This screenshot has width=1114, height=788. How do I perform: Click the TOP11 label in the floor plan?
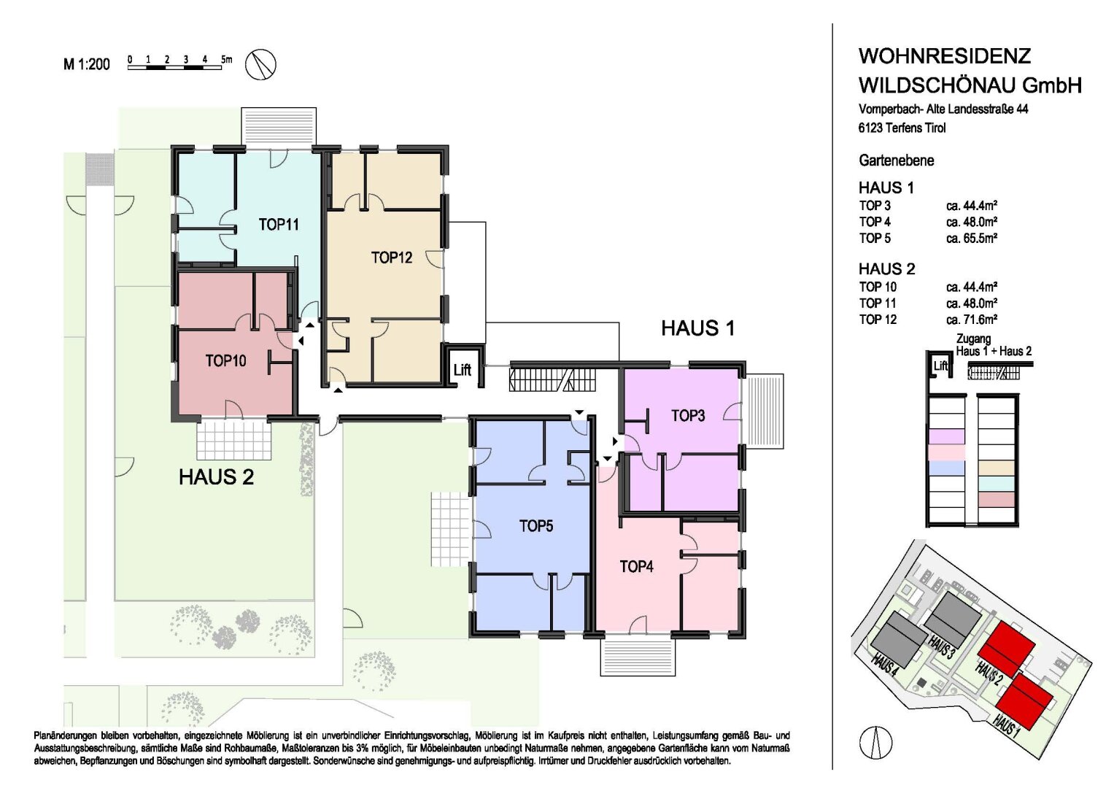coord(279,225)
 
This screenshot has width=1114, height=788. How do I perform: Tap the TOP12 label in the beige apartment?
coord(391,258)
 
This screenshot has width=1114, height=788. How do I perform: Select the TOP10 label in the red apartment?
coord(225,360)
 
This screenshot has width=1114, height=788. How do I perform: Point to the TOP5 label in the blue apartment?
coord(536,526)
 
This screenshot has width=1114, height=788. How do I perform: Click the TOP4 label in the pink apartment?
coord(637,566)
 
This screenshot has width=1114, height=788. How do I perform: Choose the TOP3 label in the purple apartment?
coord(688,415)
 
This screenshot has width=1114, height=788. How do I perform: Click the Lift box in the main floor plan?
coord(462,370)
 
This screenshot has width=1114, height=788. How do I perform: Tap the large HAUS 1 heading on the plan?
coord(697,328)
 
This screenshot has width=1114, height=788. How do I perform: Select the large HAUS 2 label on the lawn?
coord(217,477)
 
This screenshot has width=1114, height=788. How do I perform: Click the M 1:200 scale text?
coord(87,64)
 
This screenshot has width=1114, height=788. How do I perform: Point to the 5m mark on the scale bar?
coord(226,59)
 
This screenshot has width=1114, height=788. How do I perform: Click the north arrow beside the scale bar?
coord(261,64)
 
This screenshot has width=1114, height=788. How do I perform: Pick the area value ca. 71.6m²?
coord(972,319)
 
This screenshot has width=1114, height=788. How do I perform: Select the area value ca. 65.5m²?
coord(972,238)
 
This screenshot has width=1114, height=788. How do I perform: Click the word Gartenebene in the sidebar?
coord(896,161)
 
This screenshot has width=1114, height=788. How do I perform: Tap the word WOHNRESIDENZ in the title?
coord(945,56)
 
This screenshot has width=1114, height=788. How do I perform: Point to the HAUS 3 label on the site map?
coord(940,646)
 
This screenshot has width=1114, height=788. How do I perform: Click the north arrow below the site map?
coord(875,742)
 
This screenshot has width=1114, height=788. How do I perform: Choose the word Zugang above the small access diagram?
coord(973,339)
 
